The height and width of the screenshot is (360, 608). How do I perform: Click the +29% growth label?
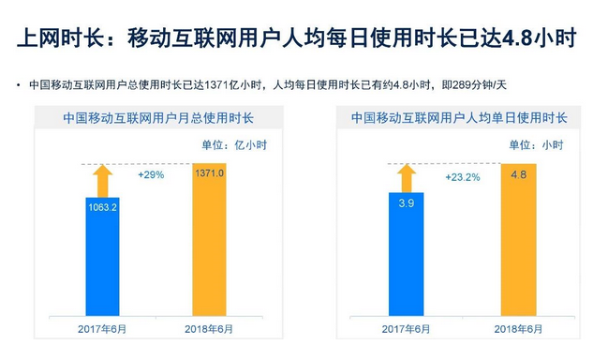click(x=150, y=175)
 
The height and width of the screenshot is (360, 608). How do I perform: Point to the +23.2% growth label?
click(x=462, y=176)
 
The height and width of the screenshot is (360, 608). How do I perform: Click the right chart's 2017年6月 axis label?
click(x=406, y=328)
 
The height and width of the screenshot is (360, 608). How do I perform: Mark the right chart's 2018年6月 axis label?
click(x=517, y=328)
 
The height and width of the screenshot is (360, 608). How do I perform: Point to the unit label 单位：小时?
click(x=537, y=145)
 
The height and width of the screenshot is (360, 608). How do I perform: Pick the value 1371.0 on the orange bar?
click(x=209, y=174)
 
